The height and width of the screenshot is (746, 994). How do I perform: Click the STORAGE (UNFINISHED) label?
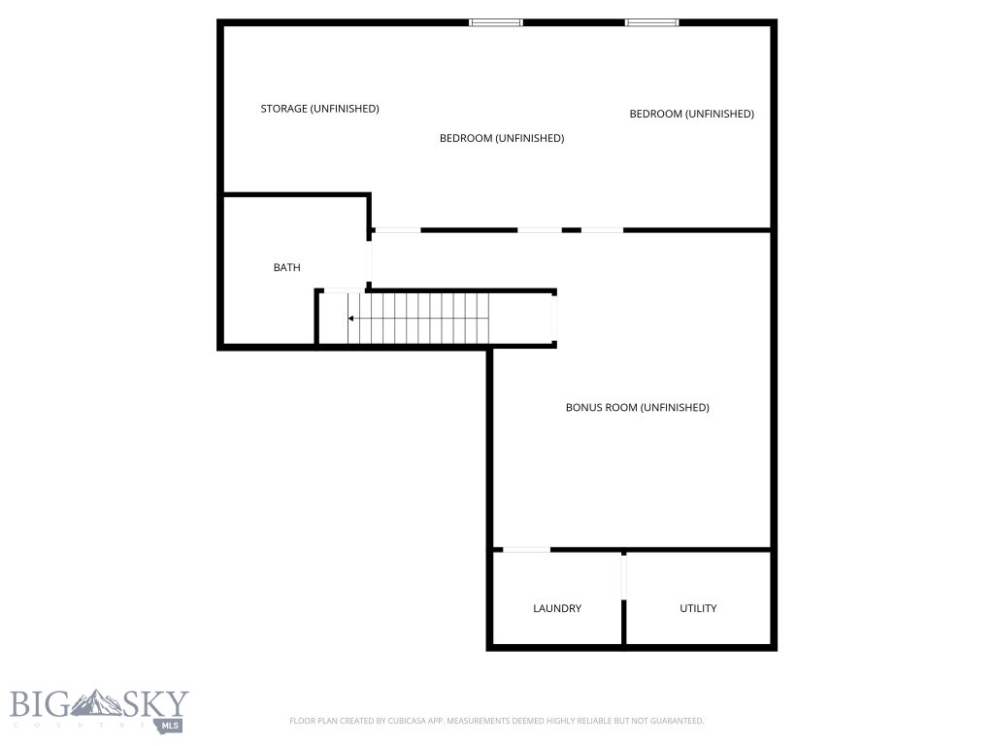tap(319, 109)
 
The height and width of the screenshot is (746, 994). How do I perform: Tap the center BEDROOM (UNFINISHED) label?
tap(501, 138)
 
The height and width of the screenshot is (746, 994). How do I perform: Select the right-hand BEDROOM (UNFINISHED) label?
tap(691, 114)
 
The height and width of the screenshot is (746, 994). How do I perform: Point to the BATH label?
tap(286, 267)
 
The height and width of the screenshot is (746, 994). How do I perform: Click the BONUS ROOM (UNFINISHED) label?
tap(637, 407)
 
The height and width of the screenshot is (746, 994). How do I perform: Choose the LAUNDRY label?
tap(557, 608)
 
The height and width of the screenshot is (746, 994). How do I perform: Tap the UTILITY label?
tap(698, 608)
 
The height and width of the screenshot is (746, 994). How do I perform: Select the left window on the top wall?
tap(495, 22)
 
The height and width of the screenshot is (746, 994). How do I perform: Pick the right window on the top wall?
tap(651, 22)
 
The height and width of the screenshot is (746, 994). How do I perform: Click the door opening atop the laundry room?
tap(526, 551)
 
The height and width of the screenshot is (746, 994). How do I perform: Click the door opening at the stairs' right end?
tap(554, 318)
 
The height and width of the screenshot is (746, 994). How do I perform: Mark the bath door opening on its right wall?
tap(369, 260)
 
